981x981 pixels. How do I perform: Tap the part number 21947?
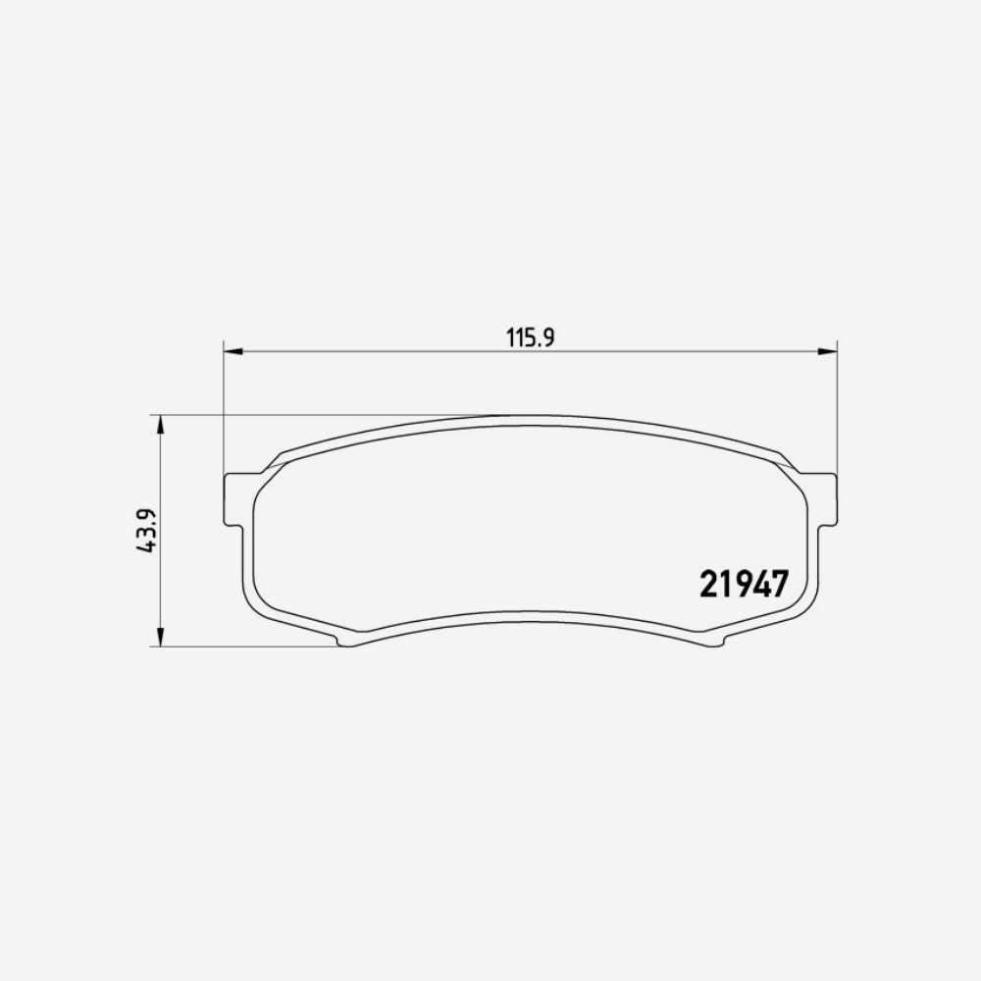click(x=744, y=585)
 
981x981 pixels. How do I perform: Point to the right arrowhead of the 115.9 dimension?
click(x=829, y=350)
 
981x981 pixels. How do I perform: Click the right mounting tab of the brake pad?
click(x=828, y=499)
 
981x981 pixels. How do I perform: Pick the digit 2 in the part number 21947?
click(x=708, y=585)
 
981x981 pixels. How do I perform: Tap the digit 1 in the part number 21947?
click(x=725, y=585)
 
